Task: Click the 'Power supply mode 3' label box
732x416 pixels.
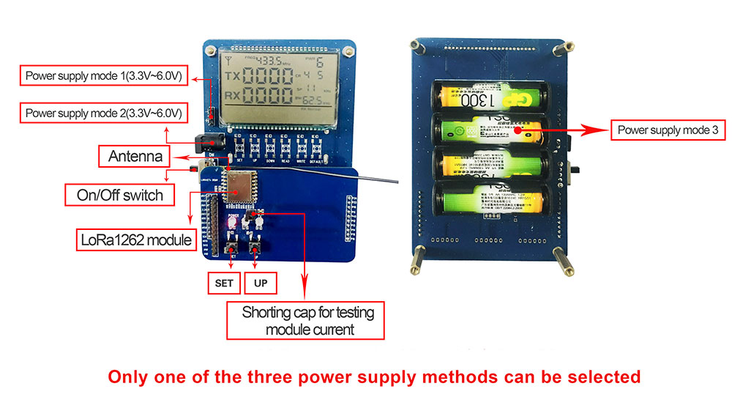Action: click(x=668, y=131)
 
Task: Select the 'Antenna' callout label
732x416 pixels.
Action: click(x=135, y=156)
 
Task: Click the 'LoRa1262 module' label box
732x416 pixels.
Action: click(x=135, y=239)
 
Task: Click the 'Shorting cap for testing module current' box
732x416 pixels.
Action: click(x=305, y=320)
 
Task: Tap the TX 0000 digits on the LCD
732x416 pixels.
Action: click(x=269, y=78)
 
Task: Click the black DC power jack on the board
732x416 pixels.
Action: click(x=209, y=141)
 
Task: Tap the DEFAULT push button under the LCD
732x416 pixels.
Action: click(x=316, y=146)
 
